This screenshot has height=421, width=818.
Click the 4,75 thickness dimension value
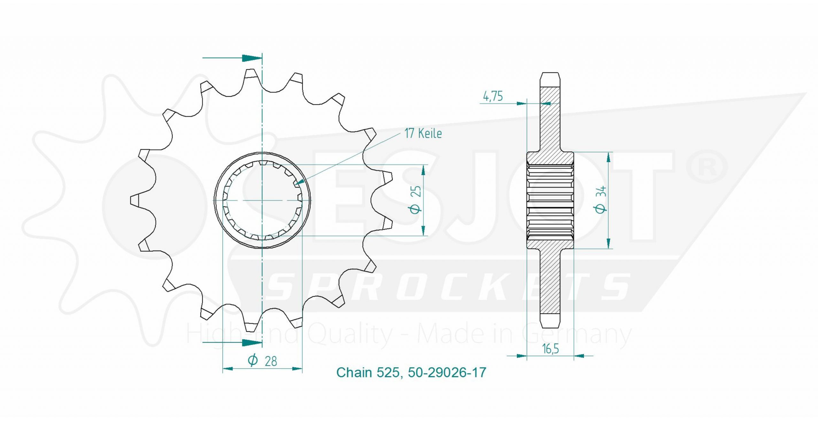tap(493, 96)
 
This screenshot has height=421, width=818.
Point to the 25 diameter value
tap(417, 191)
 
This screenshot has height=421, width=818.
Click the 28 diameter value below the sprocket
tap(271, 361)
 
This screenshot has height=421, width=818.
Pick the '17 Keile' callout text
tap(423, 134)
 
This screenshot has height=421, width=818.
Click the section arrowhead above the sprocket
tap(252, 58)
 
